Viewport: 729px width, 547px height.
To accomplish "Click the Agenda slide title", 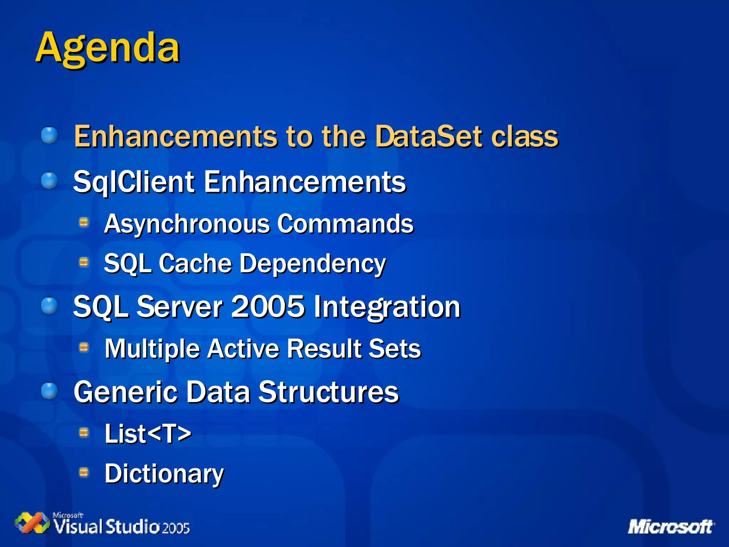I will [107, 48].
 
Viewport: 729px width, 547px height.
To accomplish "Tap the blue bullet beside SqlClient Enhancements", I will [49, 181].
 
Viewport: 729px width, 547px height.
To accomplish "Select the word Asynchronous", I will [187, 224].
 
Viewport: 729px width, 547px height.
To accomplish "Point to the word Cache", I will [195, 264].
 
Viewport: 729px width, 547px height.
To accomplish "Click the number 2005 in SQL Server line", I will [268, 307].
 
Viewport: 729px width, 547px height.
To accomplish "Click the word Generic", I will [125, 392].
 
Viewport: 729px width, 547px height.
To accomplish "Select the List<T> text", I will [148, 434].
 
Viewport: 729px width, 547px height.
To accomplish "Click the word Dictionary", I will [164, 474].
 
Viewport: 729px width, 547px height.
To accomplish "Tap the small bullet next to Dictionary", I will [84, 472].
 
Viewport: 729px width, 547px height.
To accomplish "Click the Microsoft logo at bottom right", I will [671, 527].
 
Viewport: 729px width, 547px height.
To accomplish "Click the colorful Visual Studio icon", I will [32, 522].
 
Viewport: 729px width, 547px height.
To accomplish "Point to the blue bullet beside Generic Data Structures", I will [49, 391].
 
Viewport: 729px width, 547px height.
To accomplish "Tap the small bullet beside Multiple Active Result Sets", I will [84, 347].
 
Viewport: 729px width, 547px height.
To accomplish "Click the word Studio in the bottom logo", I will [132, 527].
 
